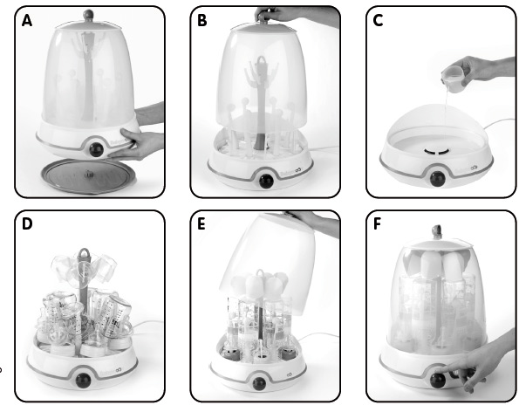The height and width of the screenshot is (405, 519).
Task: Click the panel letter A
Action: (27, 21)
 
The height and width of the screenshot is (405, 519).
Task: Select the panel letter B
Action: (202, 21)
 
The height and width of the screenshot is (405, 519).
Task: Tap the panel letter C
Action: (378, 21)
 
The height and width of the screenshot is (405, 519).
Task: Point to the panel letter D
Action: (27, 225)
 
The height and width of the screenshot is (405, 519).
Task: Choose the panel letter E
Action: (202, 225)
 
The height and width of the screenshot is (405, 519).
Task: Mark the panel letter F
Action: (378, 225)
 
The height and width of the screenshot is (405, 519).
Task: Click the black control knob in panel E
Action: (260, 381)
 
